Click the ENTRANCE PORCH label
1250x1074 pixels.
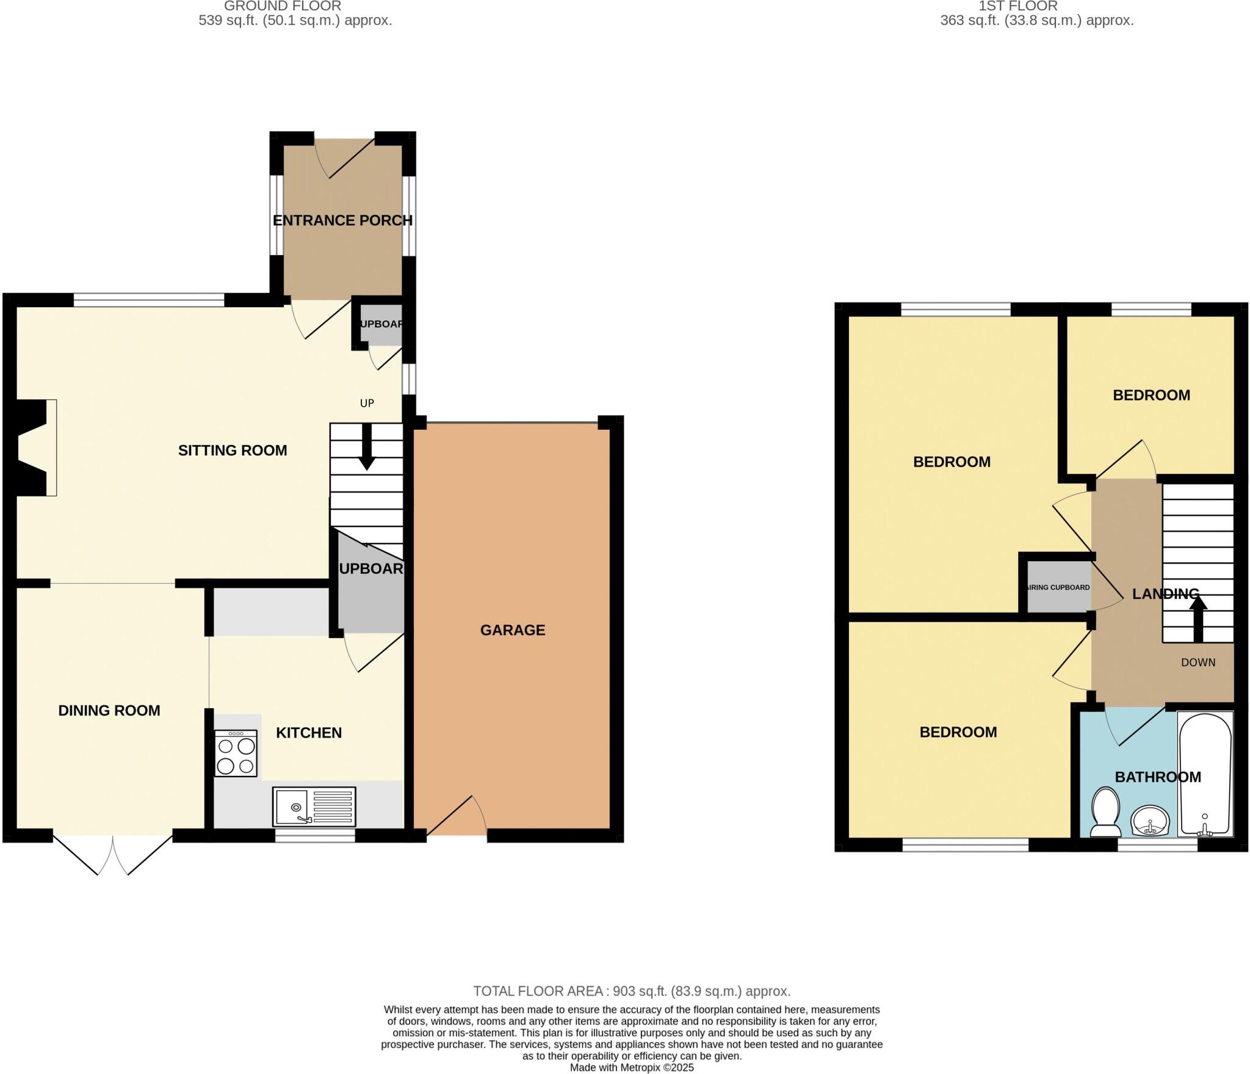click(x=342, y=220)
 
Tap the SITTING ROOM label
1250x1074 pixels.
click(x=233, y=451)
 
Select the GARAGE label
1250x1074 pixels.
click(x=512, y=630)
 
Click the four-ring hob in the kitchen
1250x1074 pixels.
click(x=236, y=755)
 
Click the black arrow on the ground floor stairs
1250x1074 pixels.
click(x=366, y=448)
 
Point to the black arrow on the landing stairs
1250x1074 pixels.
click(x=1198, y=619)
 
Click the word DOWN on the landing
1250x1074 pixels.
click(x=1198, y=662)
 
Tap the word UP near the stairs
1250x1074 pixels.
click(x=367, y=403)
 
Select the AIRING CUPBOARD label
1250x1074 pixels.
click(x=1059, y=587)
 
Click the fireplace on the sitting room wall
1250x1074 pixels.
click(x=35, y=448)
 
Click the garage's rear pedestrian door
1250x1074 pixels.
click(x=457, y=818)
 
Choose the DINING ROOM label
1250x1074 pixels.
click(x=109, y=711)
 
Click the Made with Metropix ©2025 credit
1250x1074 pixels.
click(x=632, y=1067)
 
